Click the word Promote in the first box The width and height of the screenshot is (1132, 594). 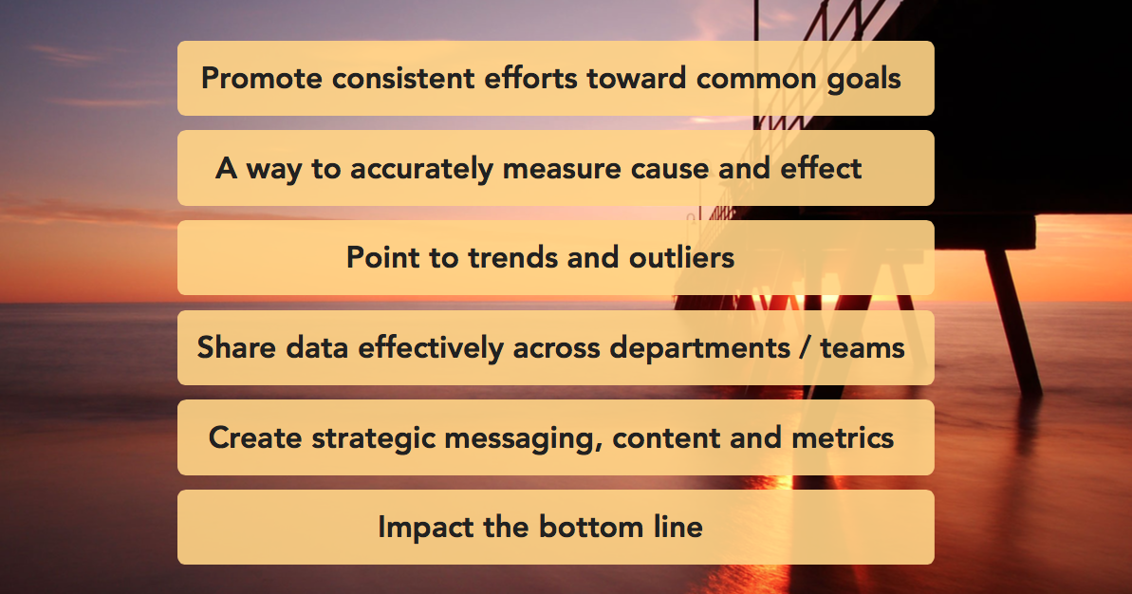tap(261, 79)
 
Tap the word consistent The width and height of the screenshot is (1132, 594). tap(403, 79)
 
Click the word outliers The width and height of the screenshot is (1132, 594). tap(681, 258)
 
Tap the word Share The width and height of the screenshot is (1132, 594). tap(237, 347)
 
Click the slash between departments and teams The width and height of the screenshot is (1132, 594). tap(805, 348)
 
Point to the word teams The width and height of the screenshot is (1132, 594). tap(863, 348)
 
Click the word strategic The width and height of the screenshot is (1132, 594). tap(373, 438)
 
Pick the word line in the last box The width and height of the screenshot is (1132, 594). tap(678, 527)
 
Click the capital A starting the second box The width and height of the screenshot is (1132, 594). tap(227, 168)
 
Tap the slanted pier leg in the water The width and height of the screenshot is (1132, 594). tap(1012, 321)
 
